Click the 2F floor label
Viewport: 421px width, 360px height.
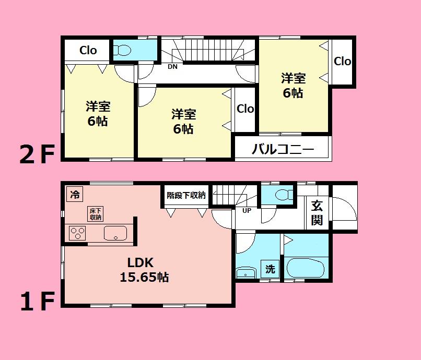click(37, 155)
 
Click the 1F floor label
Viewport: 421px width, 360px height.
click(37, 301)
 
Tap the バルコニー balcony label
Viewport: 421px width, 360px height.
click(283, 150)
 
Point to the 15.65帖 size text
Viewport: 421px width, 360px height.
click(144, 277)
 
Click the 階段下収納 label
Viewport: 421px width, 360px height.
click(186, 195)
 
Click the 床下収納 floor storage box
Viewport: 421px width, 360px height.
click(95, 214)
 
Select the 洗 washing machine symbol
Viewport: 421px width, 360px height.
click(270, 270)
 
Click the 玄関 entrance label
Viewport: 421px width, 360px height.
click(317, 213)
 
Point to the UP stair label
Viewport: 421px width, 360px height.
click(247, 211)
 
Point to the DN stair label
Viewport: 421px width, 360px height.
click(172, 67)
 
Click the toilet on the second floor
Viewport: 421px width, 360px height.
click(123, 51)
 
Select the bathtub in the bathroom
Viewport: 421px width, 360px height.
click(306, 268)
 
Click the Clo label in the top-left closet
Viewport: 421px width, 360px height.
click(88, 51)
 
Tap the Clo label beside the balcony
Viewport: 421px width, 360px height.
click(245, 109)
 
